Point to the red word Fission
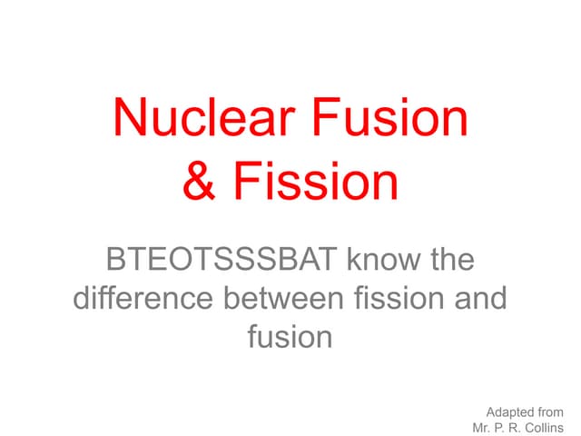pyautogui.click(x=313, y=181)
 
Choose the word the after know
pyautogui.click(x=449, y=262)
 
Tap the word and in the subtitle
pyautogui.click(x=482, y=299)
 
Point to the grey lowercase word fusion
pyautogui.click(x=290, y=337)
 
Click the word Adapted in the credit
pyautogui.click(x=510, y=411)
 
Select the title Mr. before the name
pyautogui.click(x=482, y=427)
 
